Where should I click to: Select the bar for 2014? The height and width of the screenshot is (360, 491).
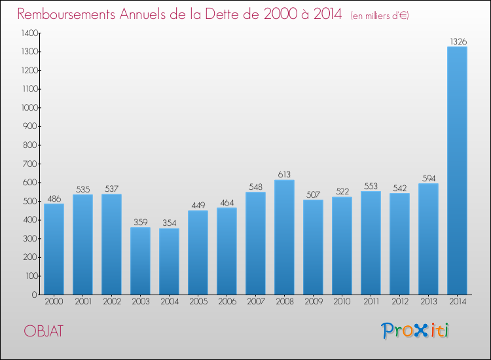point(457,170)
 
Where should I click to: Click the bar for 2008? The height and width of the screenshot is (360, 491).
point(284,237)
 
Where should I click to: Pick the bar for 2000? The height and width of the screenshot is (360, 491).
point(54,249)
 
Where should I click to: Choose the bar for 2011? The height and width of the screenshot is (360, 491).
point(371,243)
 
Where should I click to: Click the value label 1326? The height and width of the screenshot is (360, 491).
point(457,41)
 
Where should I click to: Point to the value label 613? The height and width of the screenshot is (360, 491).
point(284,175)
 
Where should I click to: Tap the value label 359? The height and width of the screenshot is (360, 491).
point(140,223)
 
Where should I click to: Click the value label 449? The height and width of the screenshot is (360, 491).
point(198,206)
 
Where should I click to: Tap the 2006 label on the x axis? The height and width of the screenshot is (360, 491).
point(227,302)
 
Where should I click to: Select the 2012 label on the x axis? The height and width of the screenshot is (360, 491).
point(399,302)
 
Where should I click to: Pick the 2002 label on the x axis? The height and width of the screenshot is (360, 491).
point(111,302)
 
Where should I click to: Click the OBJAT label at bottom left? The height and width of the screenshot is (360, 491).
point(43,331)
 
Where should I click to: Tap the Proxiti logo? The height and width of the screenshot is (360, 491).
point(414,331)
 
